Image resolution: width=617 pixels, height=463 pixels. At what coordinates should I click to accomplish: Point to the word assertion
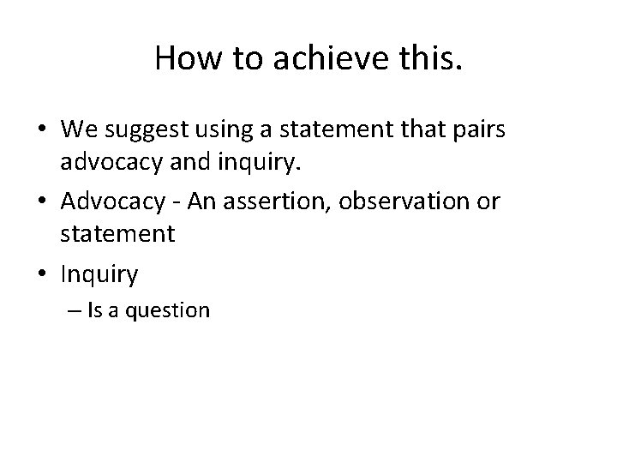click(x=263, y=203)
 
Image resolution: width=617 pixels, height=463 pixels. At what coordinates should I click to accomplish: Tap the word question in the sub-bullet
click(x=168, y=310)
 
